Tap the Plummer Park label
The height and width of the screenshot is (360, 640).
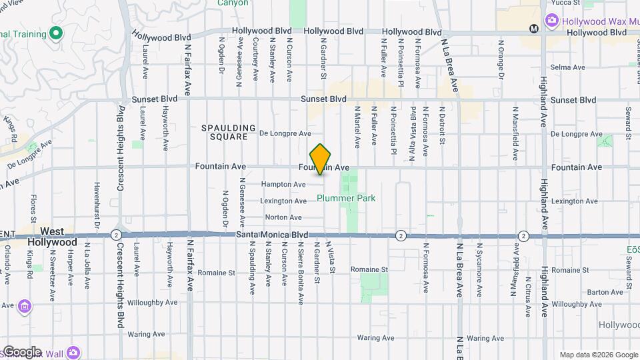tap(346, 198)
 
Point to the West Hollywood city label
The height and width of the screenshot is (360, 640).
tap(52, 237)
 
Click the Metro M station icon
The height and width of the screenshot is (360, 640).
tap(533, 29)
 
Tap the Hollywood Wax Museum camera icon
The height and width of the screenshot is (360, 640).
tap(551, 21)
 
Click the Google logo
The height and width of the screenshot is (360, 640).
tap(21, 352)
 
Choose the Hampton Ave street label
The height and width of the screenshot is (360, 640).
tap(283, 184)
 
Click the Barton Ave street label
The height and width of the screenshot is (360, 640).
tap(605, 292)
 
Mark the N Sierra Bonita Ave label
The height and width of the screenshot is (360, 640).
tap(301, 263)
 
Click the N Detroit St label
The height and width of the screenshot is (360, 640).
tap(442, 126)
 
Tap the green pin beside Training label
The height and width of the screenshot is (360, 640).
tap(57, 32)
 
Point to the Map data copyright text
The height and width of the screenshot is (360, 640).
tap(597, 355)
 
